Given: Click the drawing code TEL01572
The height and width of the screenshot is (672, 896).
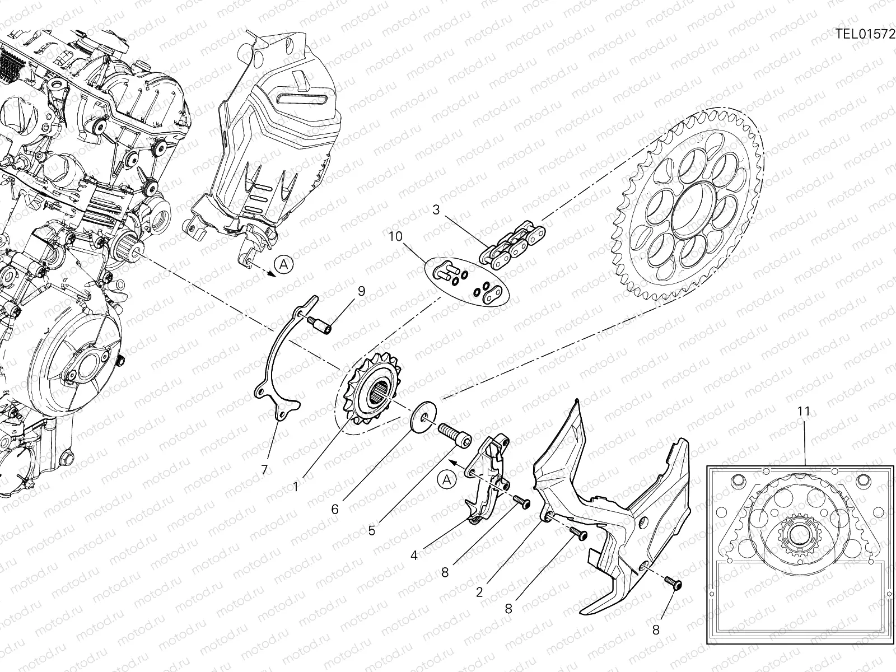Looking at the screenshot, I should tap(865, 33).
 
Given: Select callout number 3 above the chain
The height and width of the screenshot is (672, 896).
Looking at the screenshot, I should tap(437, 211).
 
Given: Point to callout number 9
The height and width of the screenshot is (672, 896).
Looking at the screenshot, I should tap(361, 291).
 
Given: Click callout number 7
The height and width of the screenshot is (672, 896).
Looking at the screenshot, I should tap(264, 469).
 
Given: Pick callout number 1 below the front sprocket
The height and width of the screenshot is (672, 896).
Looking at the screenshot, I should tap(296, 487).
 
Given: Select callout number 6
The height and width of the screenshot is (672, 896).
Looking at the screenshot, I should tap(335, 509).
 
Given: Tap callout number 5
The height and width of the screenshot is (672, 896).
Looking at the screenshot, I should tap(372, 530).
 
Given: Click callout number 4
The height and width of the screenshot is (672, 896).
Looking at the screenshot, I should tap(414, 556).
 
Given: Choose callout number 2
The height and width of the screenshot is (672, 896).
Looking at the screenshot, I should tap(479, 592).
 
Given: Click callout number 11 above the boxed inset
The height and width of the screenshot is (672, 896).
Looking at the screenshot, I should tap(804, 411).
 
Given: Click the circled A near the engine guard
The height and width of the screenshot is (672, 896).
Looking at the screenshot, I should tap(283, 264).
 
